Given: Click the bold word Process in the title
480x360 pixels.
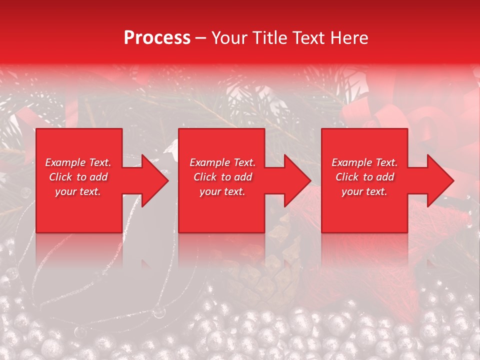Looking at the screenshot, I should [x=157, y=38].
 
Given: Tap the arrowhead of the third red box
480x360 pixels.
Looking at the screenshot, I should [x=439, y=180].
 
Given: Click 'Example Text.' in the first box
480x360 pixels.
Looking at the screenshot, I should [x=78, y=162].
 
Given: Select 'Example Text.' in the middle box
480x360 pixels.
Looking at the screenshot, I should [x=222, y=162].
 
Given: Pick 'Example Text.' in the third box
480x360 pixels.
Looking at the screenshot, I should [x=364, y=162].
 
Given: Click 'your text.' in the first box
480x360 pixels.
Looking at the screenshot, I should [x=78, y=191].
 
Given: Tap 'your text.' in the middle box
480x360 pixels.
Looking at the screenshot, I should [x=222, y=191].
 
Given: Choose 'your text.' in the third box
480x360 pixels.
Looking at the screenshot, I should [x=364, y=191].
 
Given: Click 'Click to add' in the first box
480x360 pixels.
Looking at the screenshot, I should [x=78, y=177].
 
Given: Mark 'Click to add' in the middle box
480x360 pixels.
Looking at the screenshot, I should [x=222, y=177].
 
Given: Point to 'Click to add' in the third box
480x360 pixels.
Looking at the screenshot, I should [x=364, y=177].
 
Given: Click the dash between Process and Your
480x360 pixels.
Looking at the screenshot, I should [x=201, y=38].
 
